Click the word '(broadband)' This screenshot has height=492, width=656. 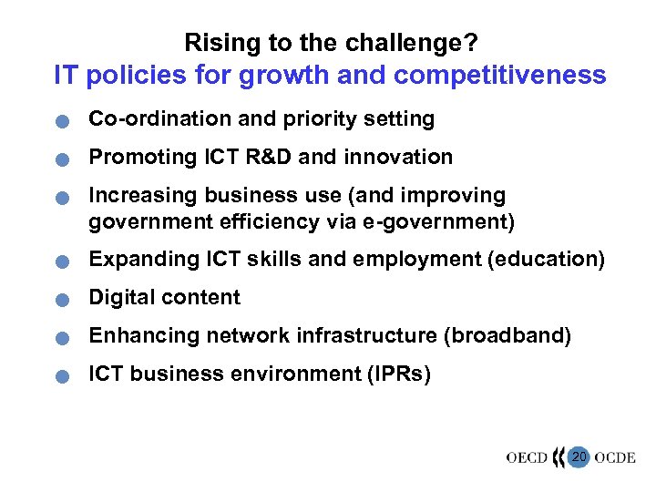tap(507, 336)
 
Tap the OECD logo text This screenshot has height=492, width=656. tap(527, 457)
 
